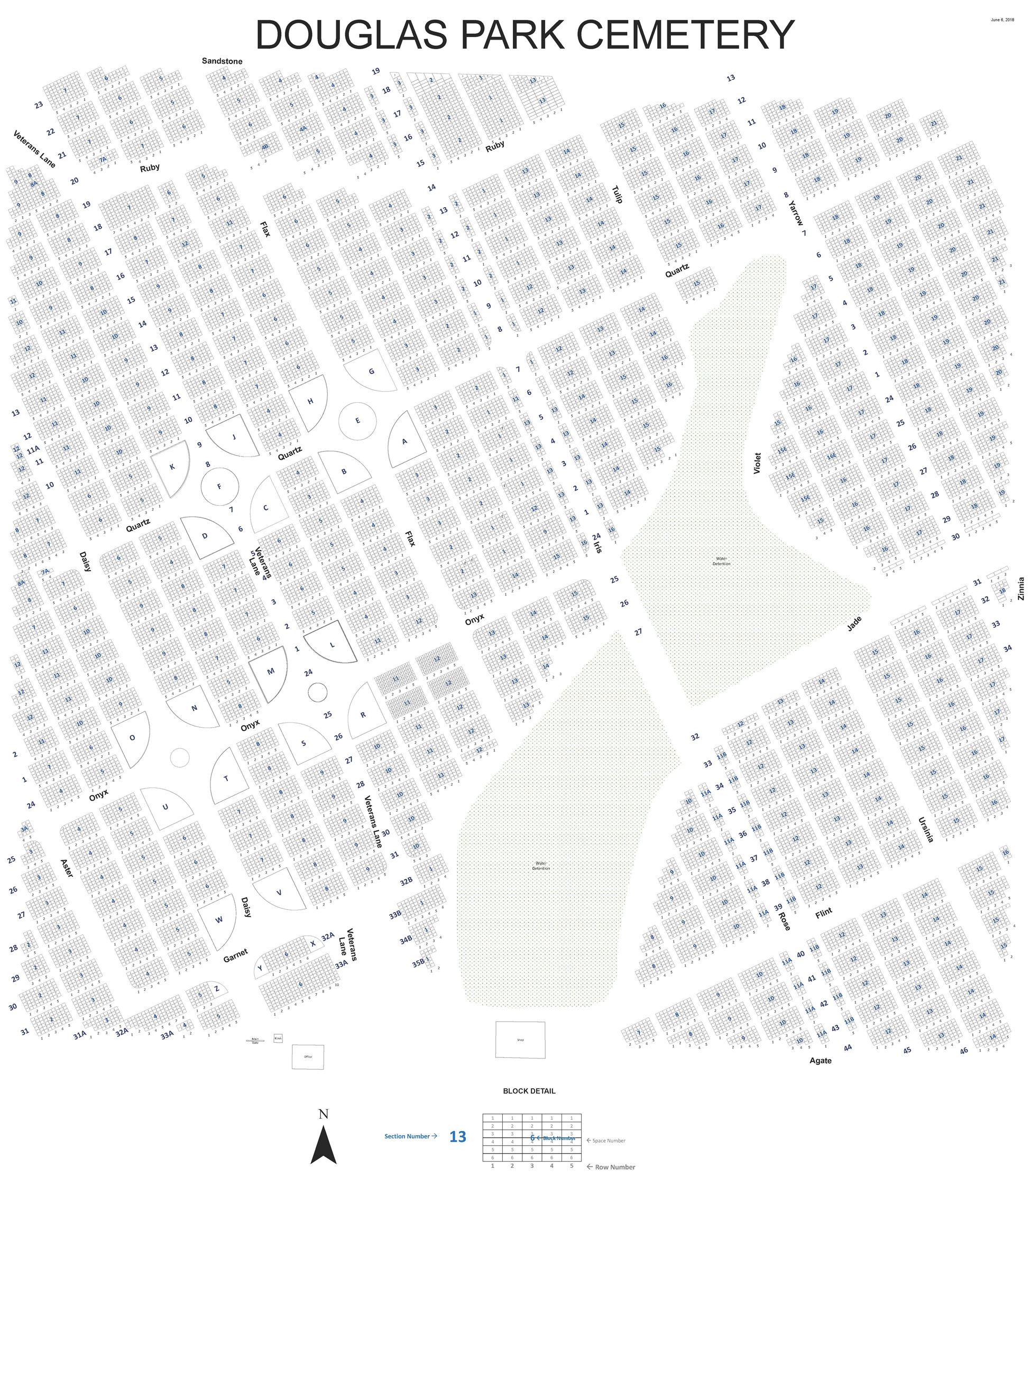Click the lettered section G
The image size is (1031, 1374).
pyautogui.click(x=371, y=372)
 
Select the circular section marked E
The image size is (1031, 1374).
pyautogui.click(x=357, y=421)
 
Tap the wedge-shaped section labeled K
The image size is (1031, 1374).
pyautogui.click(x=172, y=467)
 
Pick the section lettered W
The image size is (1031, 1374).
pyautogui.click(x=219, y=920)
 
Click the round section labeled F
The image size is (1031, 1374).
pyautogui.click(x=219, y=486)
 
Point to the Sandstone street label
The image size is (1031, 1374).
pyautogui.click(x=222, y=61)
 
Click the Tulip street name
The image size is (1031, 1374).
pyautogui.click(x=617, y=194)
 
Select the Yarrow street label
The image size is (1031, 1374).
pyautogui.click(x=796, y=212)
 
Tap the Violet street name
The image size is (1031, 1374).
pyautogui.click(x=757, y=463)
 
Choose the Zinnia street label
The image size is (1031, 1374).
pyautogui.click(x=1021, y=588)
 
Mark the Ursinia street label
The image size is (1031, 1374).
pyautogui.click(x=926, y=830)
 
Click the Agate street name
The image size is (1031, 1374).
pyautogui.click(x=821, y=1060)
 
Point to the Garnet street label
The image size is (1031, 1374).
pyautogui.click(x=235, y=955)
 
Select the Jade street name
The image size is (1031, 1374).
pyautogui.click(x=854, y=624)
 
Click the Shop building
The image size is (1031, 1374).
pyautogui.click(x=520, y=1040)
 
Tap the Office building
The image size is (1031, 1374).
pyautogui.click(x=308, y=1056)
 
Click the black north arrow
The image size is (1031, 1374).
pyautogui.click(x=323, y=1144)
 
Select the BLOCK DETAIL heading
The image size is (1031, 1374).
pyautogui.click(x=529, y=1091)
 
